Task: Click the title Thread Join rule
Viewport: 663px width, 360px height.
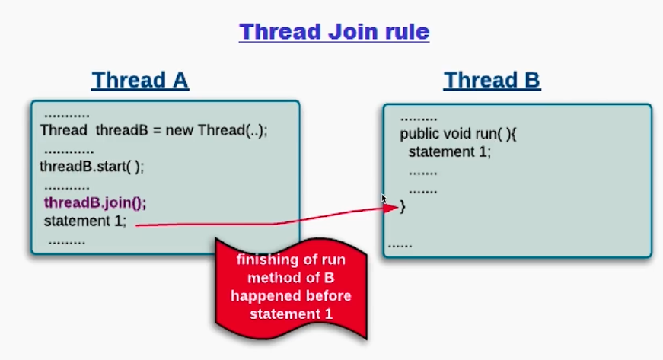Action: click(334, 32)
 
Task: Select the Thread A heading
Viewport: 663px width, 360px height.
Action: click(140, 80)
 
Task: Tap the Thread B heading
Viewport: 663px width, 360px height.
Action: click(492, 80)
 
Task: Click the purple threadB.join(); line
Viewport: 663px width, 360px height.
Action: click(95, 203)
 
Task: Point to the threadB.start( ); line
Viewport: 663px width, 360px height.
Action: click(92, 167)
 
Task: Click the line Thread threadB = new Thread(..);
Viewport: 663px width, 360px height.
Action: click(154, 129)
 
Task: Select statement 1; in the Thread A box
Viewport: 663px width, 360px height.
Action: click(85, 221)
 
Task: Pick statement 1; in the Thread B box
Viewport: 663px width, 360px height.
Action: click(450, 151)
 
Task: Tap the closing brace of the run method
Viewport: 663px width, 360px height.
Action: click(403, 206)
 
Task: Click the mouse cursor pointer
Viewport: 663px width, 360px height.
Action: click(384, 199)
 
